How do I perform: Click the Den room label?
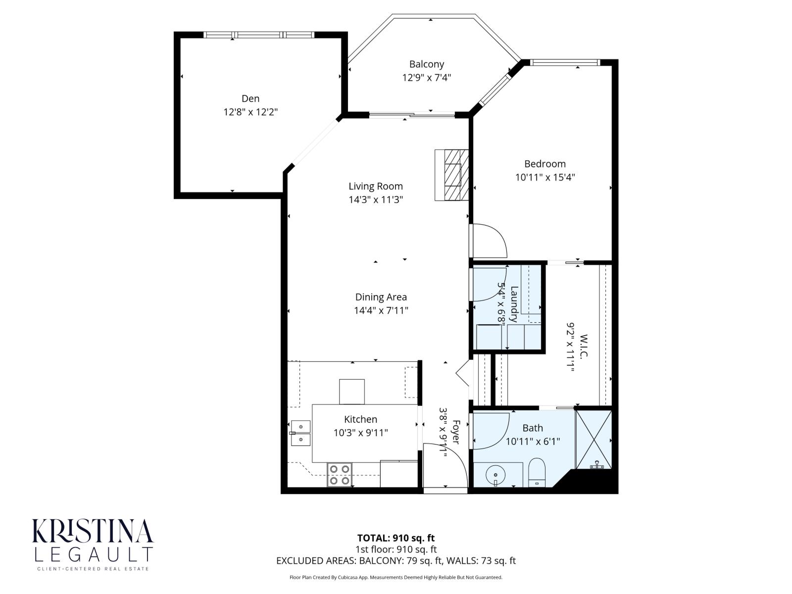[x=250, y=99]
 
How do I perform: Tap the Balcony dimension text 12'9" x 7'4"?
[x=426, y=78]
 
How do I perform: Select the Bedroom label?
[x=544, y=164]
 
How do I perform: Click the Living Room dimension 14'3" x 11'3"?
[x=376, y=200]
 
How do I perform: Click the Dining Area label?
[x=381, y=297]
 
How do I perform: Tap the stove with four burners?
[x=340, y=474]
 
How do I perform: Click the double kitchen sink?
[x=300, y=433]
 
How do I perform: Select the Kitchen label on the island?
[x=360, y=419]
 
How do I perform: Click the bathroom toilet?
[x=536, y=473]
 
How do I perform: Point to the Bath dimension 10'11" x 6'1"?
[x=533, y=442]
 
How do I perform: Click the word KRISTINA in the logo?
[x=93, y=532]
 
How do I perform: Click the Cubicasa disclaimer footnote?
[x=396, y=577]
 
